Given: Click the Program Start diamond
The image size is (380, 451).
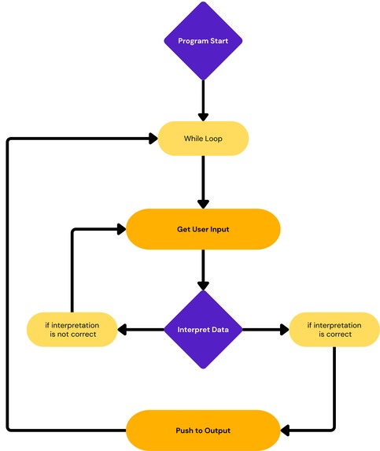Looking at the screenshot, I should [x=203, y=40].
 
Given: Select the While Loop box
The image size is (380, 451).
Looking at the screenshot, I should [x=203, y=139].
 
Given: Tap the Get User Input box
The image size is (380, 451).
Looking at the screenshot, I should [x=203, y=230].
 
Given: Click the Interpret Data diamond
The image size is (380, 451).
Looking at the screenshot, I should [x=203, y=329].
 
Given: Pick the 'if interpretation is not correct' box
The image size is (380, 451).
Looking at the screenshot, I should [x=71, y=329].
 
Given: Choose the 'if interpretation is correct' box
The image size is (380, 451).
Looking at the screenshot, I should [x=334, y=329].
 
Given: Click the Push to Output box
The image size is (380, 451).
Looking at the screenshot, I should [x=203, y=431].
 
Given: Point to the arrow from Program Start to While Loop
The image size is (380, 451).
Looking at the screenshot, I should [x=203, y=98].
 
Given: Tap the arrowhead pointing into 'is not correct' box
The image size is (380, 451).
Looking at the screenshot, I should [x=124, y=329].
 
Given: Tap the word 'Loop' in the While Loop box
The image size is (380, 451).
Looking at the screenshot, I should [x=213, y=139].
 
